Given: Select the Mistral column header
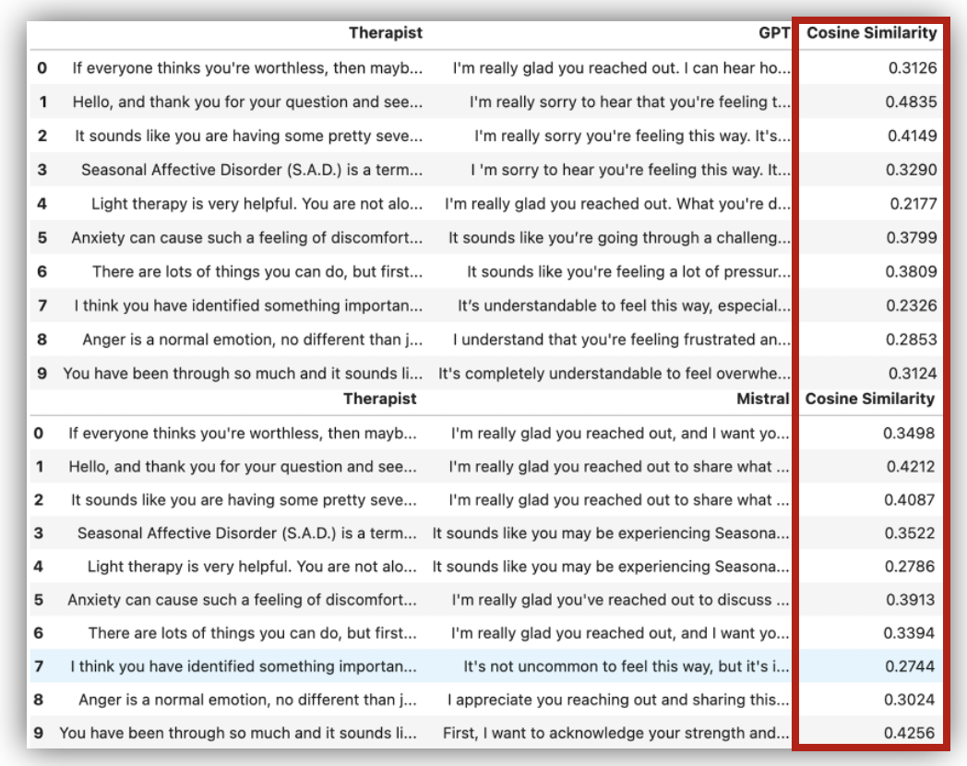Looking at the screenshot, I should click(765, 400).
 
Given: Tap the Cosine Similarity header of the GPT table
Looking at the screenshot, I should click(872, 34).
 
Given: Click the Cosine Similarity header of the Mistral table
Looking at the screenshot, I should click(870, 400).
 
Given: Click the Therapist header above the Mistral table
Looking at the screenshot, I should click(380, 400).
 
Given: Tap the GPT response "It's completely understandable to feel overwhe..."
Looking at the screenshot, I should click(614, 374).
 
